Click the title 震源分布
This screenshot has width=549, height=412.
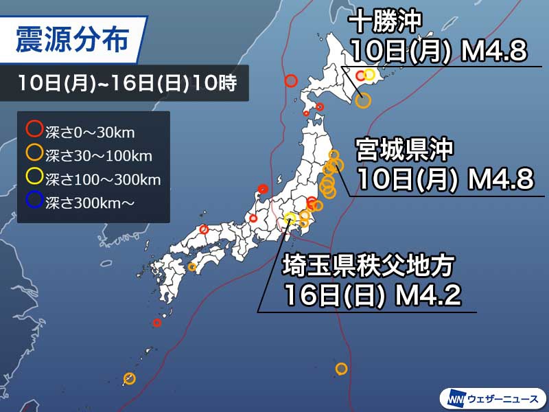tap(71, 40)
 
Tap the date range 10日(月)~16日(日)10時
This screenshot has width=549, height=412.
tap(128, 85)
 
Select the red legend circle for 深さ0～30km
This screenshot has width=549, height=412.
tap(34, 128)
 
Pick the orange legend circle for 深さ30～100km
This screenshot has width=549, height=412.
tap(34, 146)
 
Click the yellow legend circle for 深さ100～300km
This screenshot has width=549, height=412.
tap(34, 163)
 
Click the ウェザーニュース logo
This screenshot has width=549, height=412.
tap(492, 398)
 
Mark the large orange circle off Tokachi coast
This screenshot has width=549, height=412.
tap(364, 100)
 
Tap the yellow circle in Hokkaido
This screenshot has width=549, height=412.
tap(369, 75)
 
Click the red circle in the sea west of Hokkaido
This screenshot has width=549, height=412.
tap(290, 81)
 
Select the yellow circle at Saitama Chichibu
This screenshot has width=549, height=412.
tap(290, 219)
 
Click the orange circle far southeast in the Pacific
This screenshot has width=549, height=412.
tap(341, 369)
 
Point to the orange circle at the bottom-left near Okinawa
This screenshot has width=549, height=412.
tap(129, 378)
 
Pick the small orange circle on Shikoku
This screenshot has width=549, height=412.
tap(192, 266)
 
